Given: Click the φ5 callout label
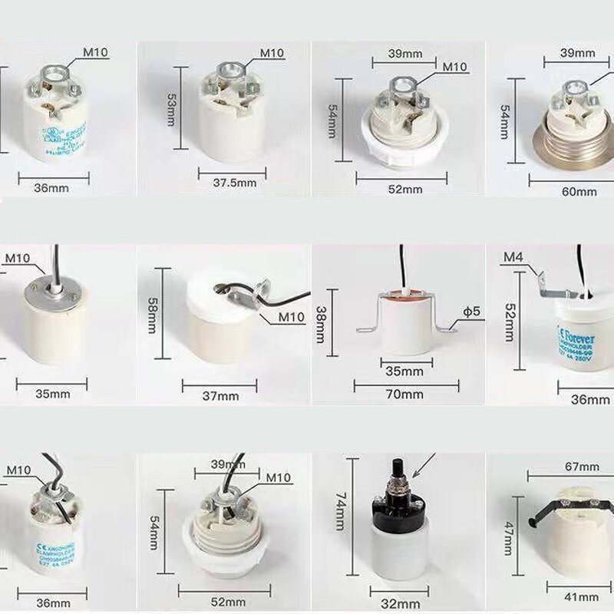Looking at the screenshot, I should [x=471, y=312].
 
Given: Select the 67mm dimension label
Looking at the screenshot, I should [x=581, y=467].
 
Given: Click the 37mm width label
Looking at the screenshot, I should [x=221, y=396].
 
